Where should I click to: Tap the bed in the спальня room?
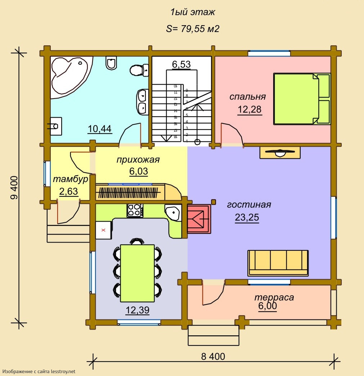302,99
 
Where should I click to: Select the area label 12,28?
249,109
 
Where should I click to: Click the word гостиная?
249,204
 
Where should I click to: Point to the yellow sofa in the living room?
278,263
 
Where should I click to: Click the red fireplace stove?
199,219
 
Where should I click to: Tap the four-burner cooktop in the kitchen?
135,210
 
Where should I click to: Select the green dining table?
137,273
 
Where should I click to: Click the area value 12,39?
138,310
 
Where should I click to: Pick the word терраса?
274,297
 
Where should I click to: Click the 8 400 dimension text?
213,357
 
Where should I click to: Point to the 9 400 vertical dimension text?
14,188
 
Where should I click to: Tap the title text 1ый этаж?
193,12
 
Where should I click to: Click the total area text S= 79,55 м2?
193,29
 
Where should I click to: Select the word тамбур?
71,180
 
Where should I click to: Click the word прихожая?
138,160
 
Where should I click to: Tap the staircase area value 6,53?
181,64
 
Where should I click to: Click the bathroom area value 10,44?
100,129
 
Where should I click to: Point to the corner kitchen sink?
173,212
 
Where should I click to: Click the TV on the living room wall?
280,153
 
